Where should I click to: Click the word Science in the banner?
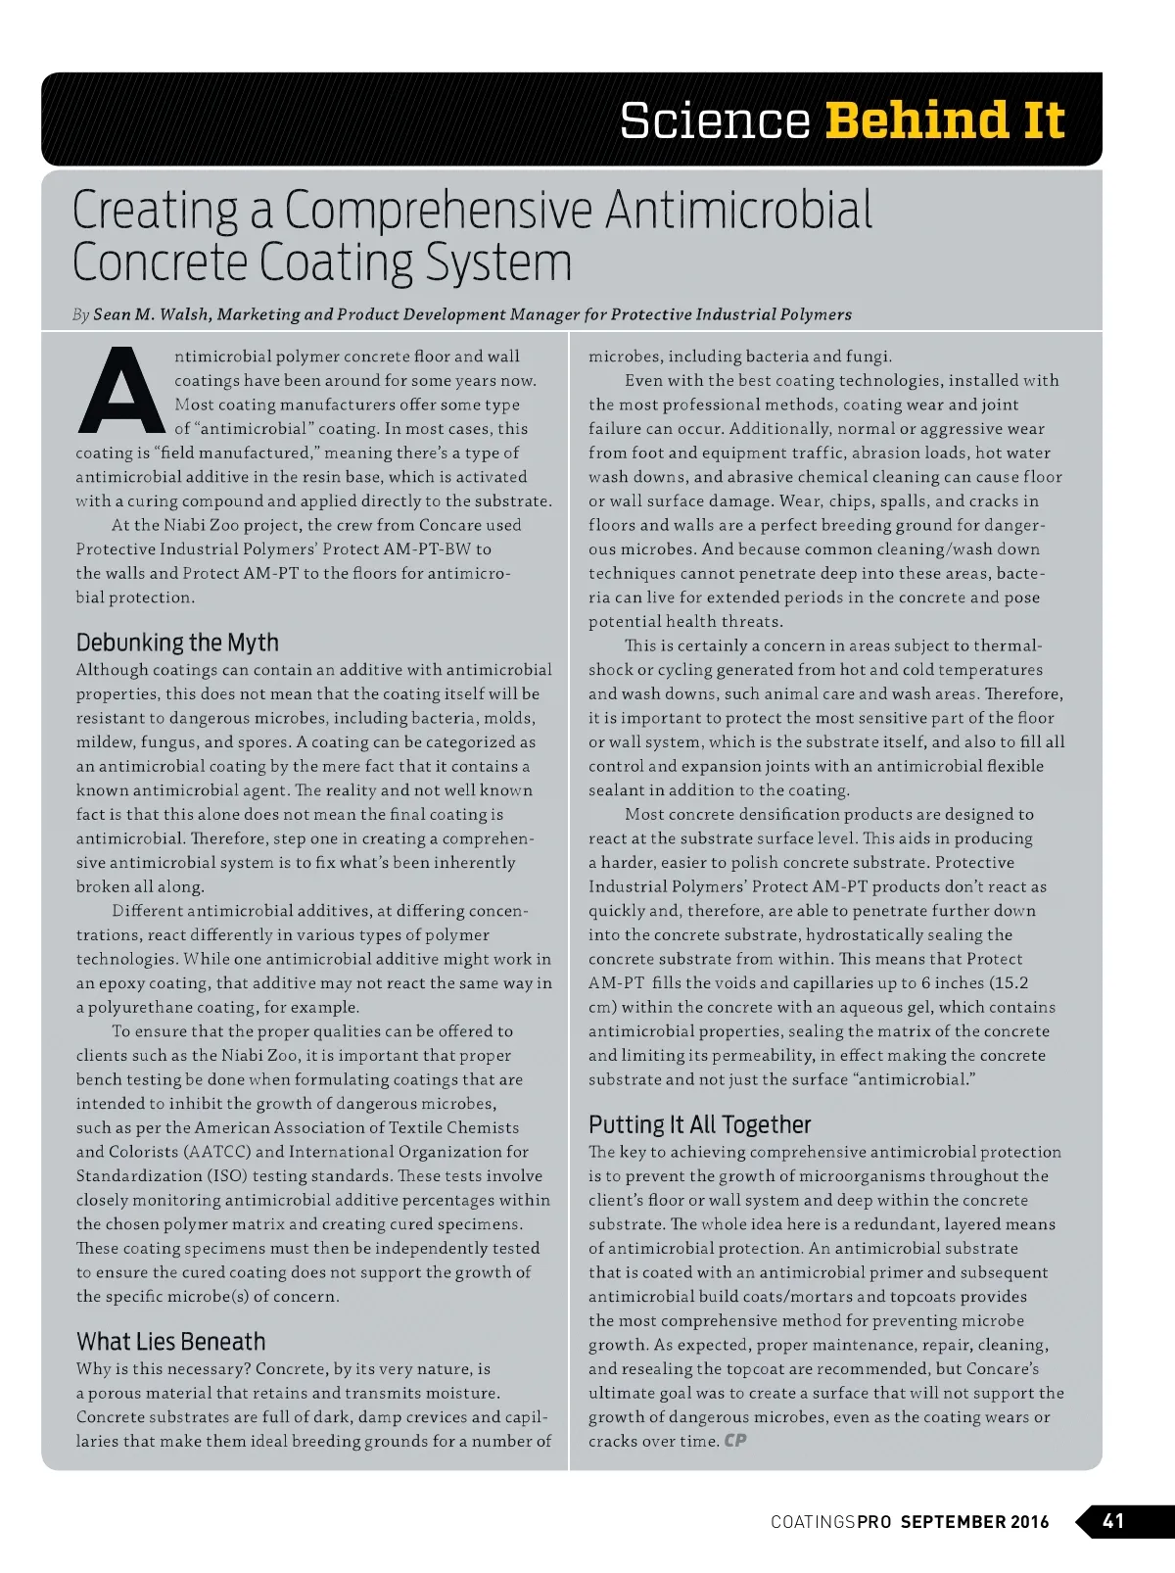(x=715, y=120)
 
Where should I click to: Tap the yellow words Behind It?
(x=944, y=120)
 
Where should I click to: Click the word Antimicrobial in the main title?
(x=738, y=210)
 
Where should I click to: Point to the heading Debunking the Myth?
(x=177, y=643)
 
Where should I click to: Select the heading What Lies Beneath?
(x=170, y=1341)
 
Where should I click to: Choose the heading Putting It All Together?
(x=699, y=1124)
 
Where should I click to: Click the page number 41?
(x=1114, y=1521)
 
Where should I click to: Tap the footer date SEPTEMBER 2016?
(x=974, y=1522)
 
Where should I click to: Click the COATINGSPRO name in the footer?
(x=830, y=1522)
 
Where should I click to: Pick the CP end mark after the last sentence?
(x=735, y=1441)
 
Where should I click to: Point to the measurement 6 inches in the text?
(x=955, y=982)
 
